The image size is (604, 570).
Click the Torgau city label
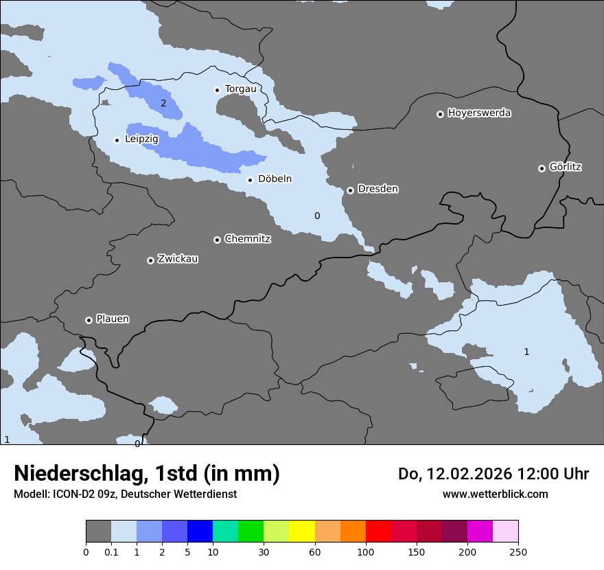pyautogui.click(x=240, y=89)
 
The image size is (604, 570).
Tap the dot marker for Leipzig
pyautogui.click(x=117, y=140)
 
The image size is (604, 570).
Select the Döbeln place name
pyautogui.click(x=275, y=179)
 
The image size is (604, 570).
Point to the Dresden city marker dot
pyautogui.click(x=350, y=190)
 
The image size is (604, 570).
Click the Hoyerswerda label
pyautogui.click(x=479, y=113)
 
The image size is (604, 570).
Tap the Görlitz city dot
pyautogui.click(x=542, y=168)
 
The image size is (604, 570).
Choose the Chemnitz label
pyautogui.click(x=247, y=240)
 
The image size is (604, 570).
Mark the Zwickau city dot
pyautogui.click(x=150, y=260)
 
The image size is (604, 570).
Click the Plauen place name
pyautogui.click(x=113, y=319)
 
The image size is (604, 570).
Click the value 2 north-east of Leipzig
pyautogui.click(x=163, y=104)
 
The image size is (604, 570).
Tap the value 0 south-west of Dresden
pyautogui.click(x=317, y=216)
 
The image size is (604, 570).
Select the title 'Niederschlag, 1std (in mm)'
pyautogui.click(x=147, y=474)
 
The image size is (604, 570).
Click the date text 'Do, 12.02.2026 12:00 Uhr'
pyautogui.click(x=493, y=474)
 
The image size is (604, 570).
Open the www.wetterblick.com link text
pyautogui.click(x=495, y=494)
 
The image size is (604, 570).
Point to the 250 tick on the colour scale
pyautogui.click(x=518, y=551)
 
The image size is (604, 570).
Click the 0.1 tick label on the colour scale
pyautogui.click(x=111, y=551)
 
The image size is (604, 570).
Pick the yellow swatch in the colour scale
pyautogui.click(x=302, y=532)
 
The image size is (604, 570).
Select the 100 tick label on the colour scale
pyautogui.click(x=365, y=551)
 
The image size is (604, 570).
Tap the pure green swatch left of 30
pyautogui.click(x=251, y=532)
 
